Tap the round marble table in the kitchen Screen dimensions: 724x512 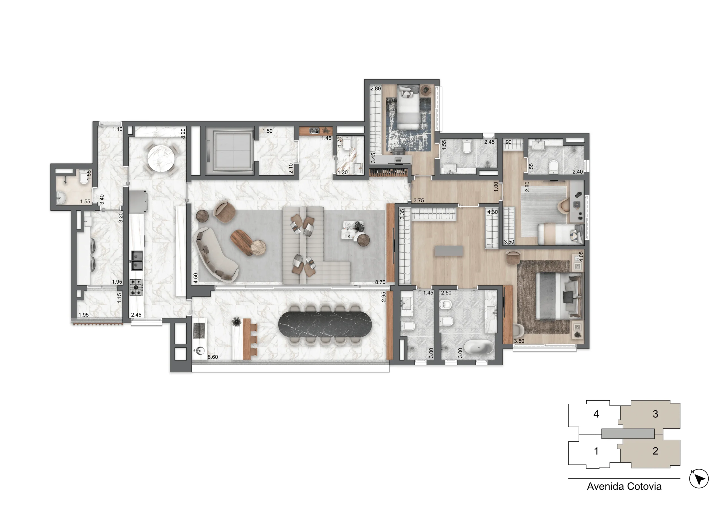point(161,158)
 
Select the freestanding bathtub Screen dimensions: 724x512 point(478,347)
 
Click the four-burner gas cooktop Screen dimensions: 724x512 point(136,287)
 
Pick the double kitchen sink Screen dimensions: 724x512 point(137,260)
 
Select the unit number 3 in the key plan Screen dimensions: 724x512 point(655,414)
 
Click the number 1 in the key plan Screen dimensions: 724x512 point(596,451)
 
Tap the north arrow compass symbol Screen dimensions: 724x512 point(699,479)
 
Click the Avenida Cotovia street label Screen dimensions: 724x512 point(624,487)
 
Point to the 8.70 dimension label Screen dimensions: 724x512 point(380,282)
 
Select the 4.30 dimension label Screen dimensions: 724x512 point(493,212)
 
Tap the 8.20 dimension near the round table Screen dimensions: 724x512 point(183,133)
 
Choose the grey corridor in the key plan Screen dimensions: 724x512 point(628,433)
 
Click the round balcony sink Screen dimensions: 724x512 point(199,350)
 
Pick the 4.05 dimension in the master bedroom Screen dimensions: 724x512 point(581,256)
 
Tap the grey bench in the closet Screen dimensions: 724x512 point(449,251)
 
